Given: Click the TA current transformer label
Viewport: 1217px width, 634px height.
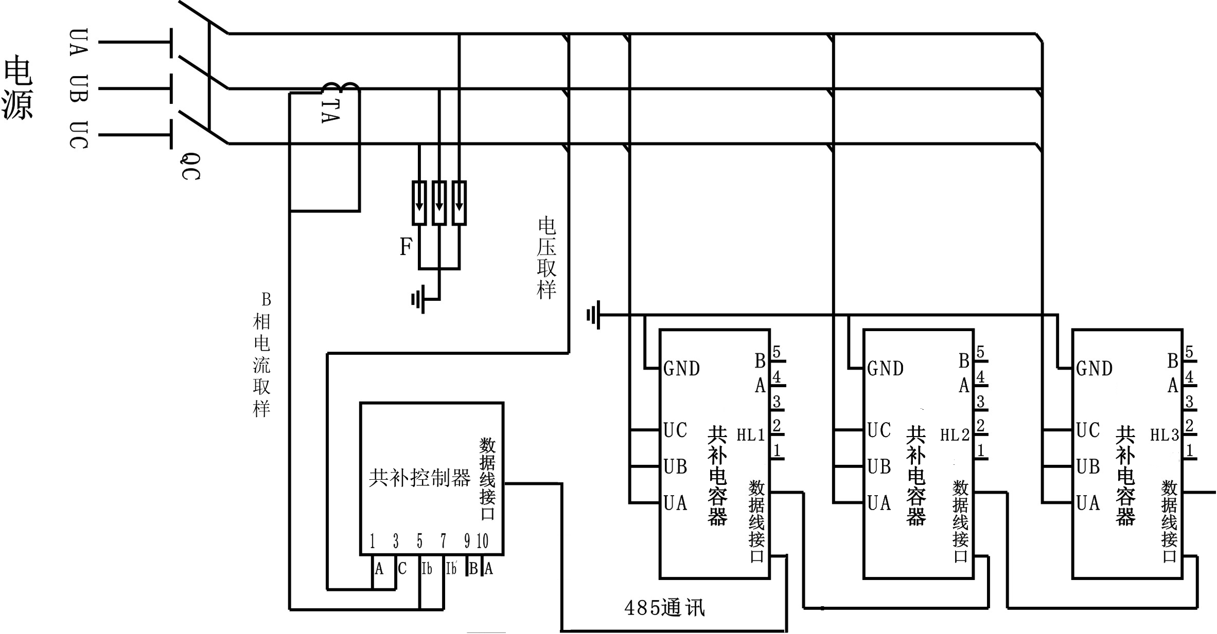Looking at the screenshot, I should [330, 111].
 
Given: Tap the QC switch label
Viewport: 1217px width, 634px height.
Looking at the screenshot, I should [190, 166].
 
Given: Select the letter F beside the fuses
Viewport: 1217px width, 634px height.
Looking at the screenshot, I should [406, 247].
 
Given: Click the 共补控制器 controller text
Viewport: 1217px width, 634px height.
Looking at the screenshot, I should [419, 478].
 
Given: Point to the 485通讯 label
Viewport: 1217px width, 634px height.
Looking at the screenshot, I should [664, 608].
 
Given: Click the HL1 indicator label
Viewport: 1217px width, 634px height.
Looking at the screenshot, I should [751, 436].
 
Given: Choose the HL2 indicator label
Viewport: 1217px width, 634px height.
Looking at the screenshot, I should [955, 436].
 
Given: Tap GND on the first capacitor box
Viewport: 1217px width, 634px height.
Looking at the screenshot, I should [682, 369].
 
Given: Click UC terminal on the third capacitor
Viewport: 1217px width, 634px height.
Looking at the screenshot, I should [1088, 430].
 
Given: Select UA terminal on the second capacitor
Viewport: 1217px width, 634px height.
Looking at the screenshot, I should [879, 503].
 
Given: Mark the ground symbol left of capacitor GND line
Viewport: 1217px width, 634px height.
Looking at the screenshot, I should [593, 315].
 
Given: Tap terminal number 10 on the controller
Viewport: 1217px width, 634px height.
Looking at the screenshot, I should [482, 541].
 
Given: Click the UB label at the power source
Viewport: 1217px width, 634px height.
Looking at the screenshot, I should [79, 88].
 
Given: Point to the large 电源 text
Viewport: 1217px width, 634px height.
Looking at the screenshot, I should [18, 88].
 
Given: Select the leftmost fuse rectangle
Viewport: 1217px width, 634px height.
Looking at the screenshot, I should [419, 203].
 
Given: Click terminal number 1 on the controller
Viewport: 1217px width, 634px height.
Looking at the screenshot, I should [373, 541].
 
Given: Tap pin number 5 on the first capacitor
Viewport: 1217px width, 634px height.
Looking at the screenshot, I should [777, 352].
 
